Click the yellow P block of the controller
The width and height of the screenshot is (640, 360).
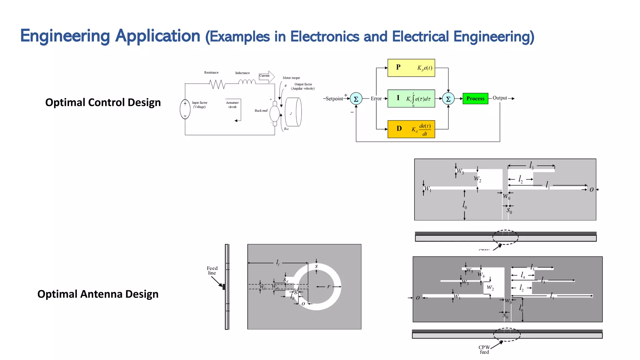[x=411, y=68]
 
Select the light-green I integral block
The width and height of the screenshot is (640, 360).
[x=411, y=98]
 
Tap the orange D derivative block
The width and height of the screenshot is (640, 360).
[x=411, y=129]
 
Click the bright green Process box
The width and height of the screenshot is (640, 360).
[x=475, y=98]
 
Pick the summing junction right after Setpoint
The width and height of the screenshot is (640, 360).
[x=356, y=99]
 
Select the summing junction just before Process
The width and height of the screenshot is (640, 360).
[x=448, y=99]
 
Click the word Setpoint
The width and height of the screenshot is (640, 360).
[x=334, y=99]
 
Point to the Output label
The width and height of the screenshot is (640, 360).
[x=500, y=98]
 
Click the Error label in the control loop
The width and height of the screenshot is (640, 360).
[x=376, y=99]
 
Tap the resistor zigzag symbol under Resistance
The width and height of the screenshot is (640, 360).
[x=217, y=84]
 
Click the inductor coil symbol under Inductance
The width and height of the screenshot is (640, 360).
[x=247, y=82]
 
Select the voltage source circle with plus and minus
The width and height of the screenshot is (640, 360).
[x=185, y=109]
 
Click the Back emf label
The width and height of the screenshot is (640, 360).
[x=261, y=111]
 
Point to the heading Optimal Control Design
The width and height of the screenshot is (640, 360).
[x=103, y=102]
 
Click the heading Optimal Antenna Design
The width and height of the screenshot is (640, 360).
[x=98, y=294]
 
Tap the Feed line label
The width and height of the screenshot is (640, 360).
[x=212, y=271]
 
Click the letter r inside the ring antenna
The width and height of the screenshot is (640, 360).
[x=328, y=286]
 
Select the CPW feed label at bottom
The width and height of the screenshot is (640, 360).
[x=484, y=349]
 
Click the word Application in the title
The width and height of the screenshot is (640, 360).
[x=157, y=36]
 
